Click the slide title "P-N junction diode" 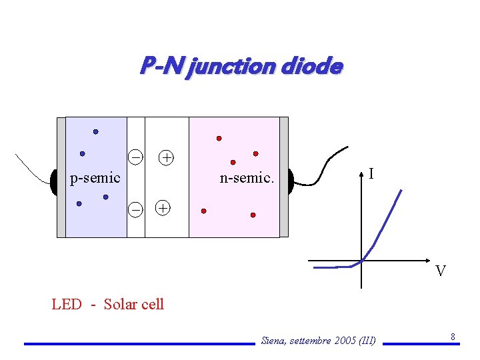241,67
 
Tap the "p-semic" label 95,178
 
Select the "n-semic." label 247,178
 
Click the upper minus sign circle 135,157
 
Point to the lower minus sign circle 135,209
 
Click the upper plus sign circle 166,157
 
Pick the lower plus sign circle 162,207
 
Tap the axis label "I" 371,174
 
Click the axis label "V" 440,271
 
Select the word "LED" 67,305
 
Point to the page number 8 453,337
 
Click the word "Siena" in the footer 273,341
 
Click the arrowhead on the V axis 426,260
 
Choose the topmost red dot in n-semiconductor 219,139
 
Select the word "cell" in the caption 153,305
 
